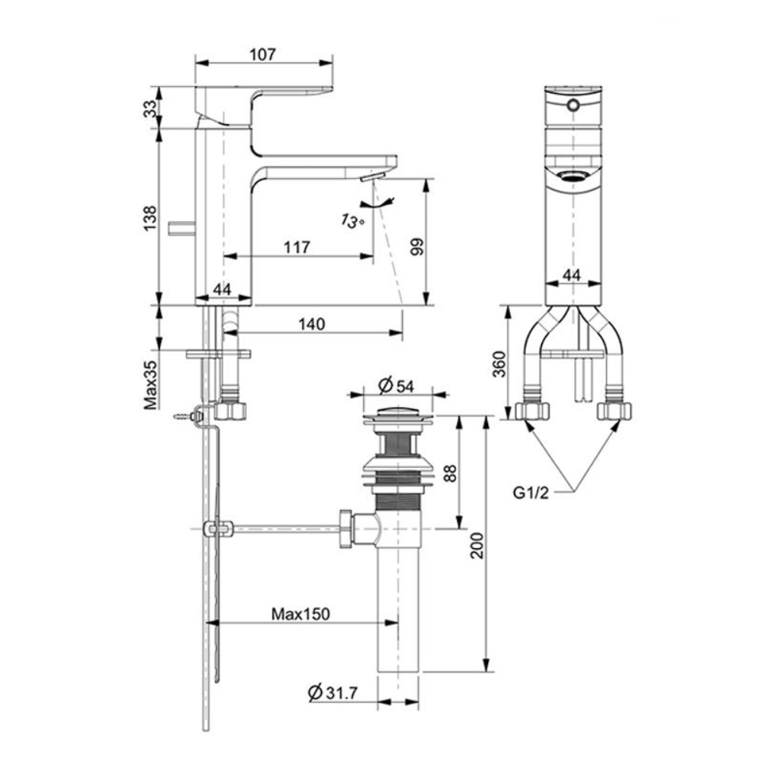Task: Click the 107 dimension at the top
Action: click(x=264, y=55)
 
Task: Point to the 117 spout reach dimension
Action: click(x=296, y=247)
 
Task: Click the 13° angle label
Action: click(x=353, y=221)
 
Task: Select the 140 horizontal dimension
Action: click(x=312, y=323)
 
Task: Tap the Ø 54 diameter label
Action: click(x=398, y=385)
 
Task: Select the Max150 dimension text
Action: click(x=301, y=613)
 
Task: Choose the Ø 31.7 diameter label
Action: click(x=333, y=692)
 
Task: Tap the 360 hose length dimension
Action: click(x=501, y=363)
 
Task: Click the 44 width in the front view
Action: click(x=572, y=275)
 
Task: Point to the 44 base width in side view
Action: click(x=223, y=289)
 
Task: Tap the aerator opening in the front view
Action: click(x=573, y=176)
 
